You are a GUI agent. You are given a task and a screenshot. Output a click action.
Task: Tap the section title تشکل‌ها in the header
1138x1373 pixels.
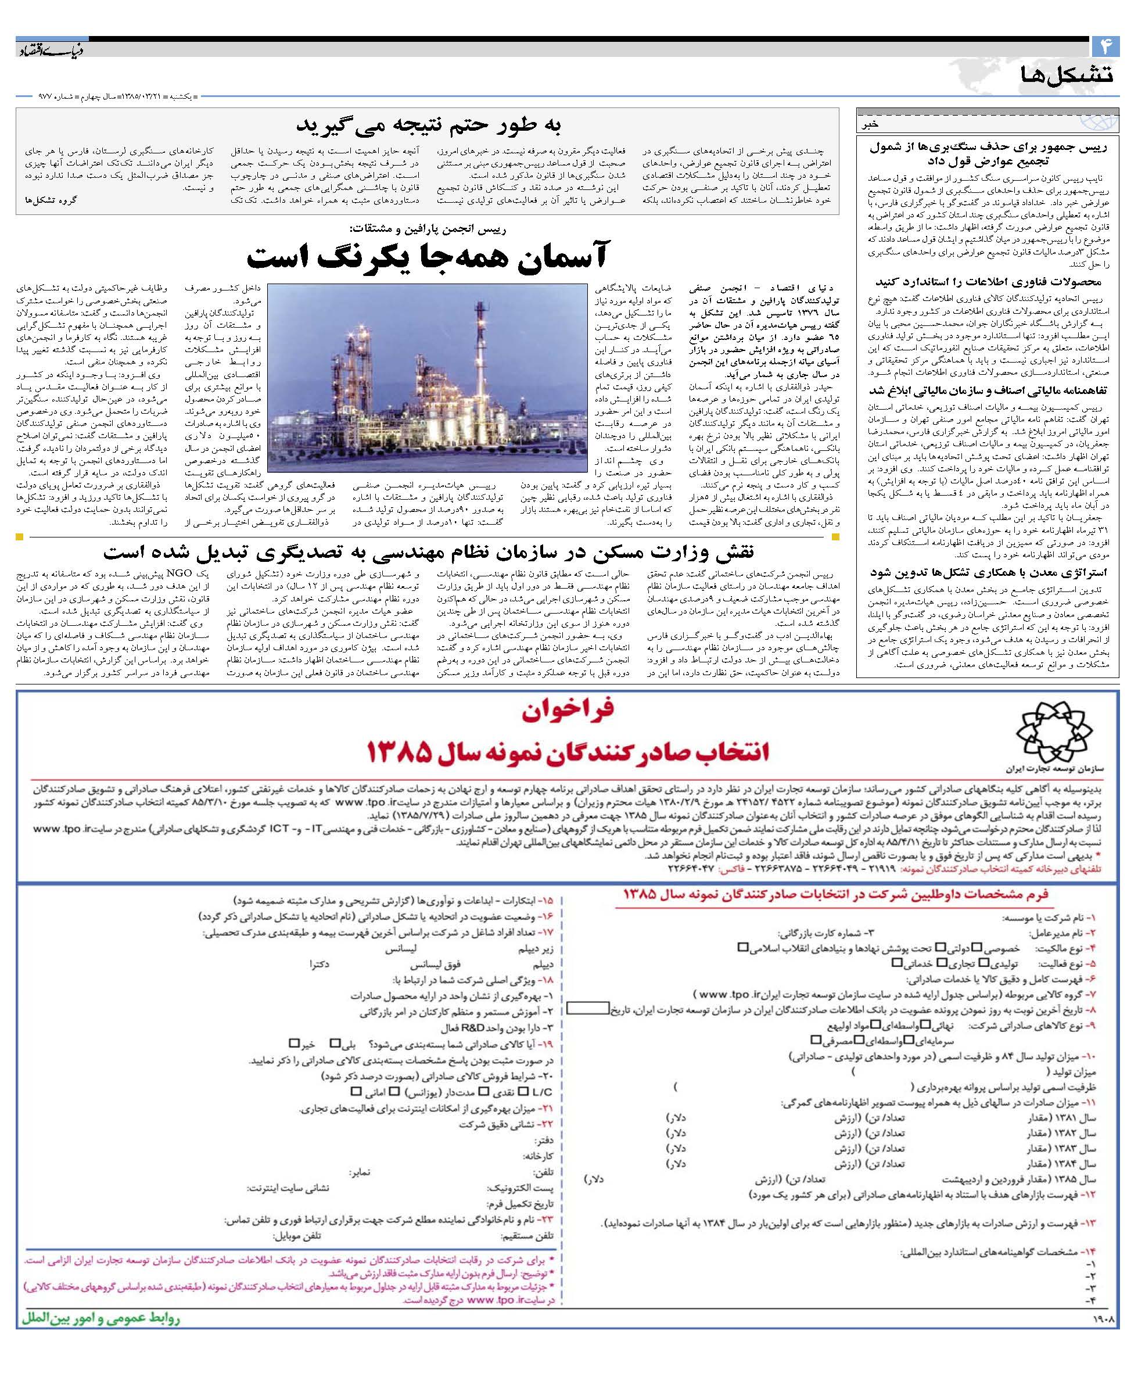pyautogui.click(x=1067, y=74)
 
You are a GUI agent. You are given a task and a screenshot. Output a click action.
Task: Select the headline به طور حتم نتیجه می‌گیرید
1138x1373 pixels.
pyautogui.click(x=429, y=124)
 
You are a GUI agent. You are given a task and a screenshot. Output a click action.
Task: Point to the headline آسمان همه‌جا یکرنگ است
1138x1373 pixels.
pyautogui.click(x=427, y=256)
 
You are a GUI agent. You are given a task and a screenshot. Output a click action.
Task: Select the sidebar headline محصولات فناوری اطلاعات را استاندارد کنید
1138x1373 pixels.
pyautogui.click(x=988, y=282)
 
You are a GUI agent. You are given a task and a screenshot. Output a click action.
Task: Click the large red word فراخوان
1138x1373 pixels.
pyautogui.click(x=568, y=711)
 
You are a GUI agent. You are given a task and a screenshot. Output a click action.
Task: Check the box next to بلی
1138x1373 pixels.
pyautogui.click(x=335, y=1044)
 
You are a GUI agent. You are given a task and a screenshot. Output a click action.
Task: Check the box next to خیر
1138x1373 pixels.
pyautogui.click(x=293, y=1044)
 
